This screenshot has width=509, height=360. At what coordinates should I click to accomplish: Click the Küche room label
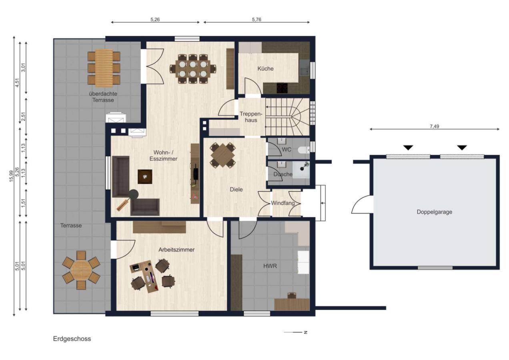(265, 68)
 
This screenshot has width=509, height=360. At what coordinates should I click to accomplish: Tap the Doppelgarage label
(434, 212)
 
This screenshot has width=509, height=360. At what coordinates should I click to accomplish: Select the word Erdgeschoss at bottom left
(72, 339)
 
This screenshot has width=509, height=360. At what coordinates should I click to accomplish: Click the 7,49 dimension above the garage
(434, 126)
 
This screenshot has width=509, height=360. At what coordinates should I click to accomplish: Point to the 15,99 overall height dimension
(11, 176)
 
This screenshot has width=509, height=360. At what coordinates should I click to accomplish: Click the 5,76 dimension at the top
(257, 20)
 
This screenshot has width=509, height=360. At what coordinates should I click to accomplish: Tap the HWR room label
(270, 266)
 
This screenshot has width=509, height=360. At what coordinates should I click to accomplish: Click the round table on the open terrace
(81, 270)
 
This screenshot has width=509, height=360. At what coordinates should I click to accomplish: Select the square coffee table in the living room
(145, 176)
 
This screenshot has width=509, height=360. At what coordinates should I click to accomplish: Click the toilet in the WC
(304, 150)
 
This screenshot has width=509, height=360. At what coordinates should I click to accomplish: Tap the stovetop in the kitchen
(282, 88)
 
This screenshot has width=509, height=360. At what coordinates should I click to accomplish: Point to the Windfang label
(283, 203)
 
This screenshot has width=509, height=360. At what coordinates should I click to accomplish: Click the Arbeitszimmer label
(176, 250)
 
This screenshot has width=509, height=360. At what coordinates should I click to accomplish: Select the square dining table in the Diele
(222, 155)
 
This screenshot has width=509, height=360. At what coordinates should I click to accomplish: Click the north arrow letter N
(306, 332)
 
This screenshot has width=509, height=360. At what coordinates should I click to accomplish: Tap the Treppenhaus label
(251, 117)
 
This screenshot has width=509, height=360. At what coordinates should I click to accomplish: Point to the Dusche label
(283, 174)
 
